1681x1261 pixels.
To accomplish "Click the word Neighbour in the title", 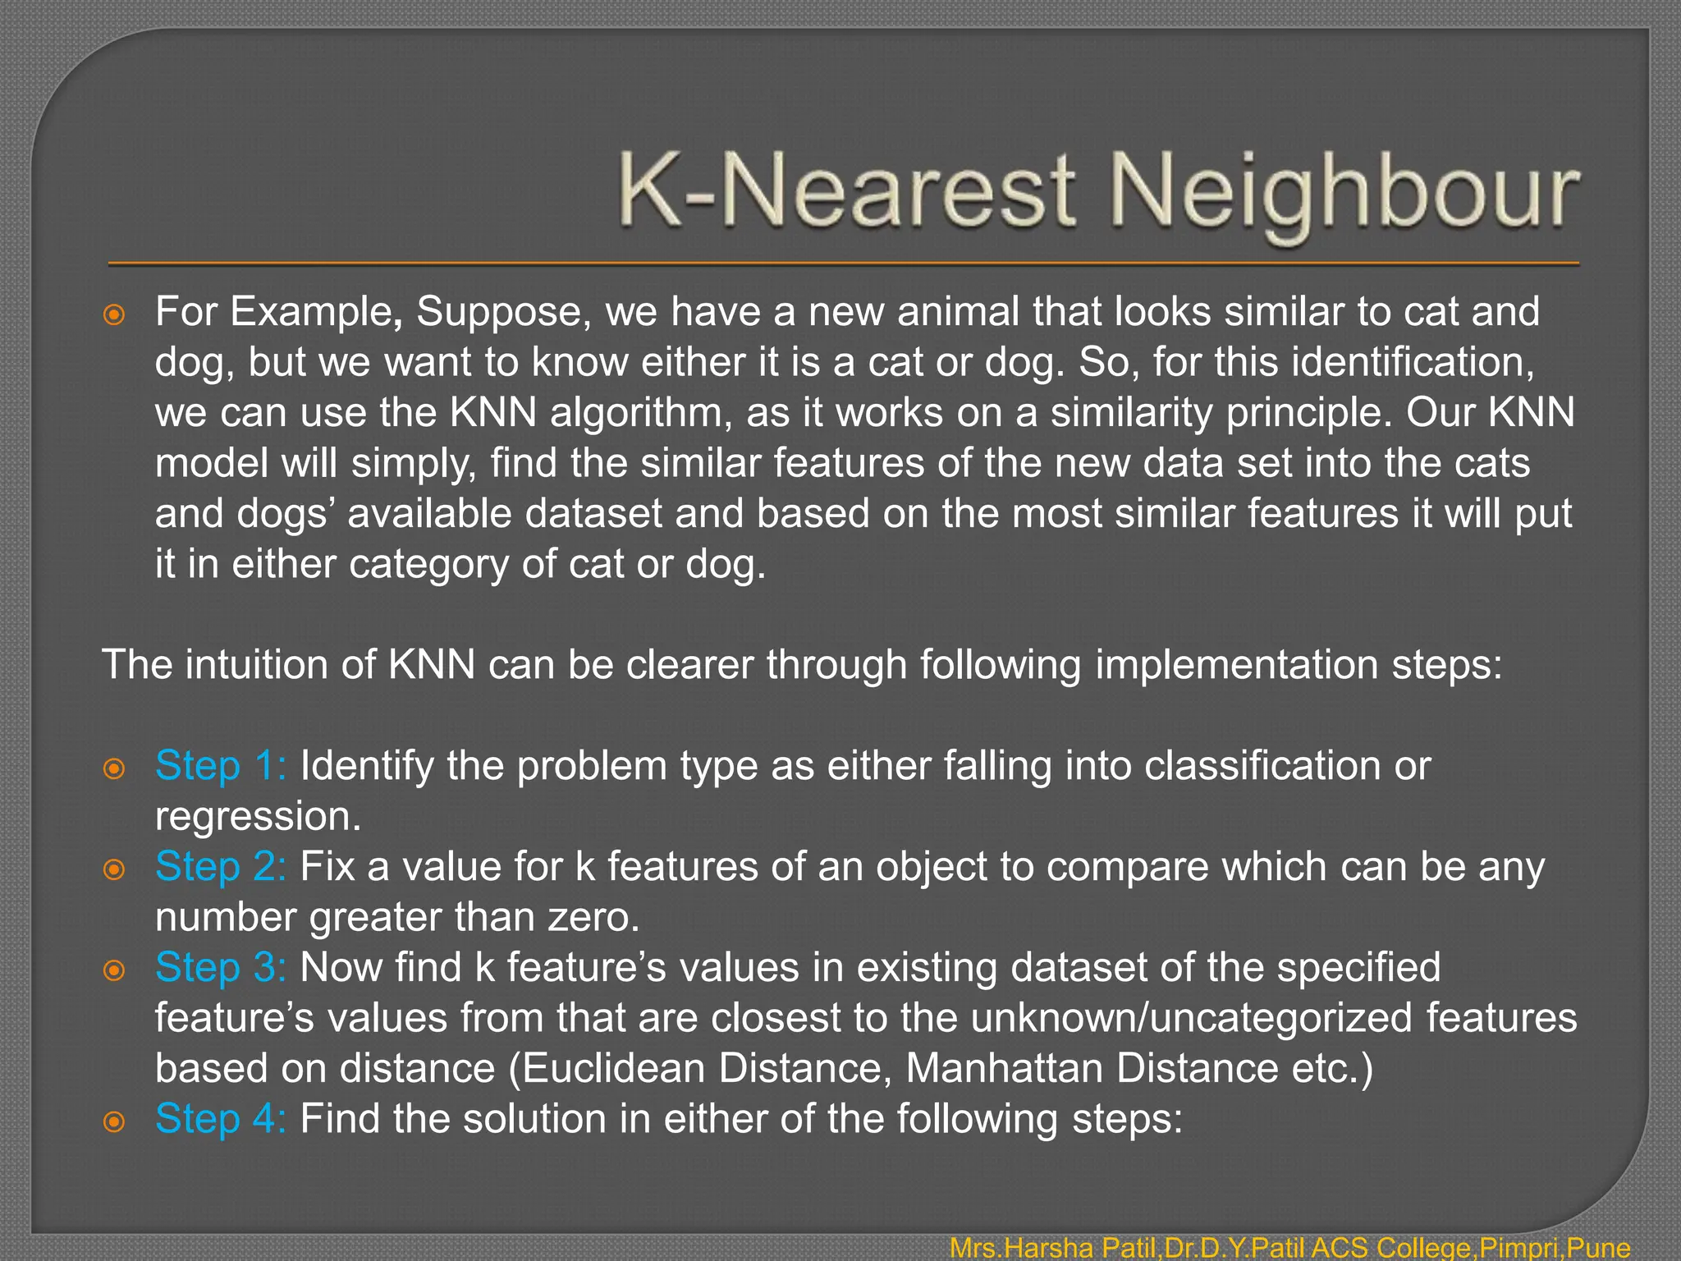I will coord(1346,194).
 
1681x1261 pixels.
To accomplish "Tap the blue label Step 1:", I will coord(220,765).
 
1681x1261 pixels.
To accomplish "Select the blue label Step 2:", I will coord(220,866).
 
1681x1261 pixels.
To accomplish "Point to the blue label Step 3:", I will coord(220,967).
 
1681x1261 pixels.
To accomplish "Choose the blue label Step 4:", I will coord(220,1118).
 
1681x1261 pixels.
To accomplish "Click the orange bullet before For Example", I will coord(114,314).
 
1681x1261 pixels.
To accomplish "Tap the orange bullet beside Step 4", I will coord(114,1121).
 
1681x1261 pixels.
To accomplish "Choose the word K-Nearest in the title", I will coord(845,194).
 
